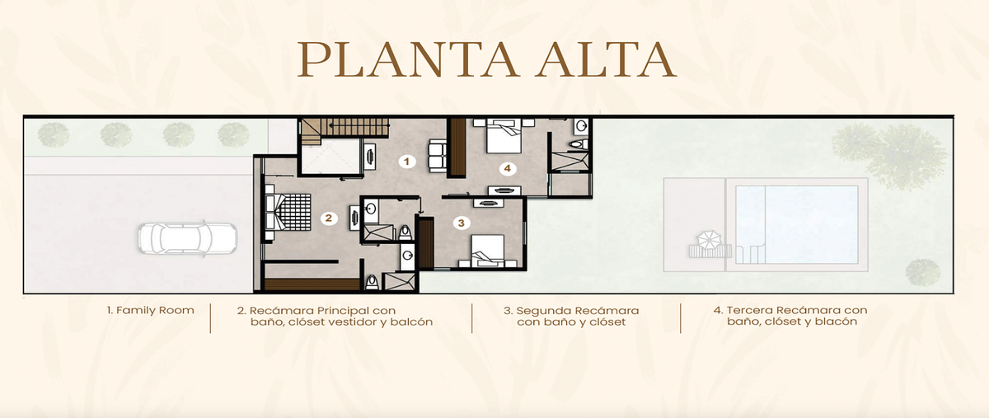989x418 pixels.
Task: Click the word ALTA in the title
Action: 606,60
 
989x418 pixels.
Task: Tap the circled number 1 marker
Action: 406,162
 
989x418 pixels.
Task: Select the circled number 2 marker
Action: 329,218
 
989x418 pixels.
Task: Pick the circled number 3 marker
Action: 462,223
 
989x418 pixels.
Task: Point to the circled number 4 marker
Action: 508,168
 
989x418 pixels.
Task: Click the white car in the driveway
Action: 187,238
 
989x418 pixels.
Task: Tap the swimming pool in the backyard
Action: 797,225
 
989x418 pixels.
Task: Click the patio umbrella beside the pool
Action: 708,241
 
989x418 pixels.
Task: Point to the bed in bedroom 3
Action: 487,251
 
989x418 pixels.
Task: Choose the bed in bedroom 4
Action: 504,136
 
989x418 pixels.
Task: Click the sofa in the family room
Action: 437,156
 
